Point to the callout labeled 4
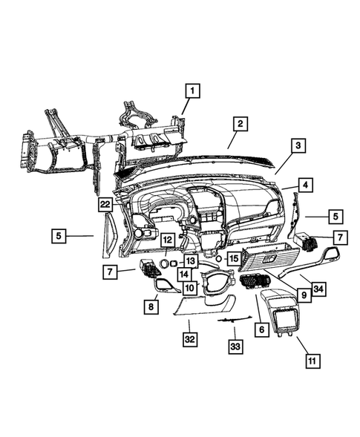coord(305,183)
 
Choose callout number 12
coord(168,240)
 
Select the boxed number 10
coord(190,287)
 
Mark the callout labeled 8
coord(151,305)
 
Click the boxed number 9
coord(303,294)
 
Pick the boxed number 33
coord(235,347)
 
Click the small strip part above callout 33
coord(232,321)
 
